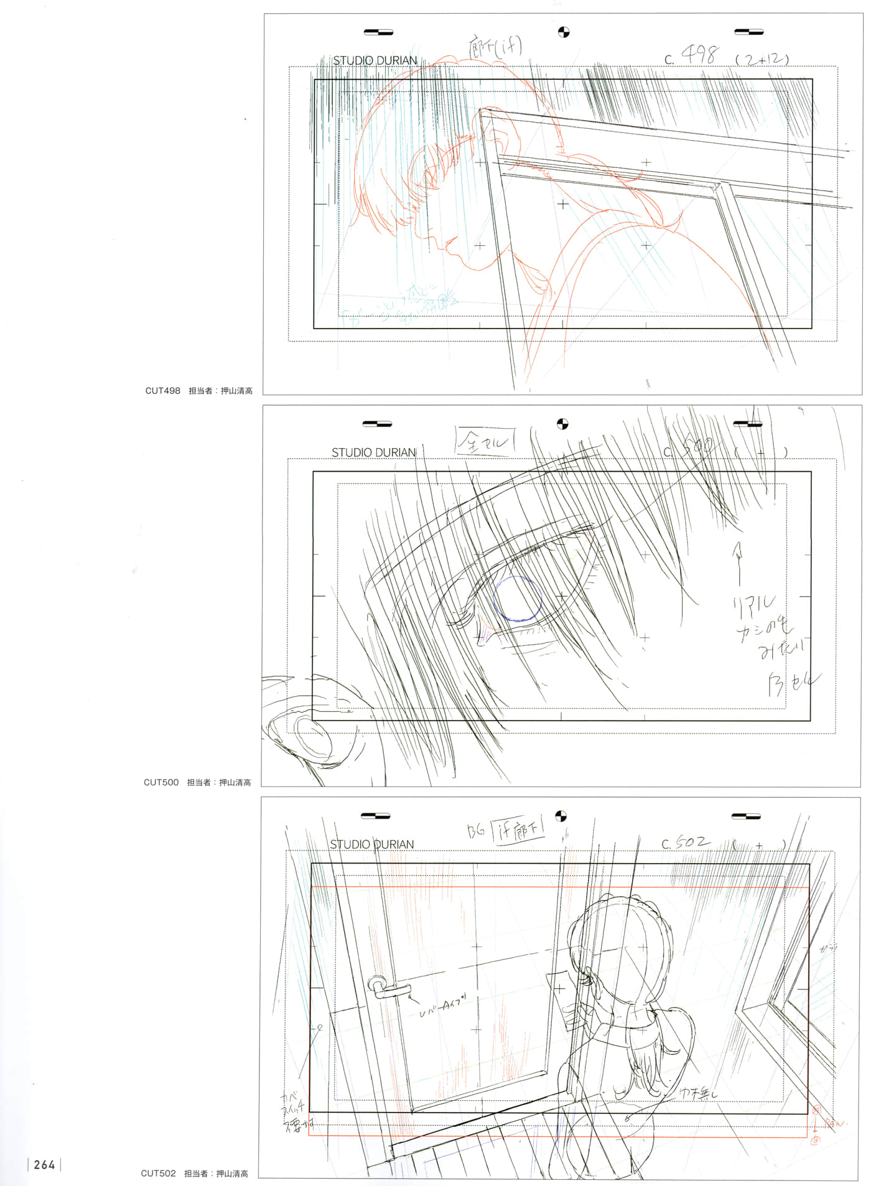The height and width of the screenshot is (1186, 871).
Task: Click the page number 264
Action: click(x=44, y=1164)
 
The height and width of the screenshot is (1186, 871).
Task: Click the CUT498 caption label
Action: click(x=162, y=391)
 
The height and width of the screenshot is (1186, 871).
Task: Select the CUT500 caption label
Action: click(x=161, y=782)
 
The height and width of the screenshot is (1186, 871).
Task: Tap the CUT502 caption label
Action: click(x=158, y=1174)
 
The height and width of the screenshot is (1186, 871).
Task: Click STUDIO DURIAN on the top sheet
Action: click(x=375, y=60)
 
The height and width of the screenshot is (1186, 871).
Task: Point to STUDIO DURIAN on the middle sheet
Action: click(x=373, y=452)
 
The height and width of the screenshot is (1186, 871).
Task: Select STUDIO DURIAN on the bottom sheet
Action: click(x=371, y=844)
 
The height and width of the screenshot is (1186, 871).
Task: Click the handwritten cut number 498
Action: click(x=699, y=56)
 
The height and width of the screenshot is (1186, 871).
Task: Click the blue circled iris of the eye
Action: click(x=517, y=599)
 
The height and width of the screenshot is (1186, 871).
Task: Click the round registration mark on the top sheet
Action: click(x=564, y=32)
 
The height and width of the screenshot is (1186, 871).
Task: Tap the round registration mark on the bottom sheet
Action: click(x=561, y=816)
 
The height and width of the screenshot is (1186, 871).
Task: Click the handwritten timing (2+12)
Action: click(x=762, y=60)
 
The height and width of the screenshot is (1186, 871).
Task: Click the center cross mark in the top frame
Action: click(x=563, y=203)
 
